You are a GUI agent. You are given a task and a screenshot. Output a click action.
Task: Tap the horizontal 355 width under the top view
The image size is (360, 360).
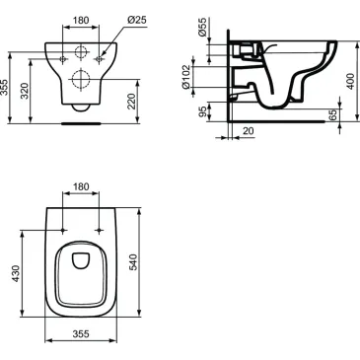[82, 334]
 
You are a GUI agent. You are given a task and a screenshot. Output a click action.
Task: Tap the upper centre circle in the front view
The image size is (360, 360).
[84, 49]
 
